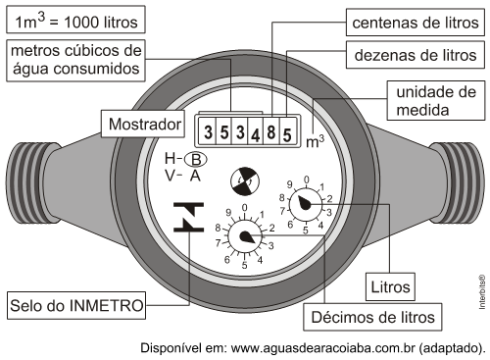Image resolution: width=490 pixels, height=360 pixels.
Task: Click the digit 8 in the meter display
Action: [271, 132]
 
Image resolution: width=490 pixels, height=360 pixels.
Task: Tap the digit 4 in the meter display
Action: [256, 135]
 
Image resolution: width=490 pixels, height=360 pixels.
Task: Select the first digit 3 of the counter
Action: [208, 132]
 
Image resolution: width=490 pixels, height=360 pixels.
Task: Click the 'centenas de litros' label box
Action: [416, 23]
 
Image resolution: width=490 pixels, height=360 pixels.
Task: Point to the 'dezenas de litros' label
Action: [416, 55]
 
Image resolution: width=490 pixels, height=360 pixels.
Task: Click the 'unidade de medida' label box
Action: [436, 101]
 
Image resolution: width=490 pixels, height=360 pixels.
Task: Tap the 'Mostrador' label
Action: [143, 124]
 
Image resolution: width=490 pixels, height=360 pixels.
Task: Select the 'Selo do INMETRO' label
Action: [76, 306]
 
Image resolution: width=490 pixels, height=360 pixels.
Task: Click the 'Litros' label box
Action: [390, 286]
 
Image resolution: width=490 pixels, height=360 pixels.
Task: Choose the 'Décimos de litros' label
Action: [372, 317]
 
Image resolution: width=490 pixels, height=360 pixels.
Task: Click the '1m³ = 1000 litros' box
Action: [75, 21]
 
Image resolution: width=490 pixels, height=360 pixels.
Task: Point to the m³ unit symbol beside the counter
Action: [316, 141]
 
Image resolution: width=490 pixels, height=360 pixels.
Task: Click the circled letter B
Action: [196, 160]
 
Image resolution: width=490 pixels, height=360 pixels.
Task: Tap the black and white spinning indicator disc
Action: [245, 181]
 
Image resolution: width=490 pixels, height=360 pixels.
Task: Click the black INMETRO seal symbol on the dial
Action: [188, 217]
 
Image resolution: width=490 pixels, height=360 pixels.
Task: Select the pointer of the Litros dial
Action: [305, 203]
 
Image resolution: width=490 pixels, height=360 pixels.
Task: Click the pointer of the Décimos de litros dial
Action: [247, 237]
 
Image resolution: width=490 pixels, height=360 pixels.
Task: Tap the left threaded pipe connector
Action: [32, 183]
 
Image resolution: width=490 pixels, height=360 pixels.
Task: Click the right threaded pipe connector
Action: [458, 183]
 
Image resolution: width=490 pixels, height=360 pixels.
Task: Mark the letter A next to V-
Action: [195, 176]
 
